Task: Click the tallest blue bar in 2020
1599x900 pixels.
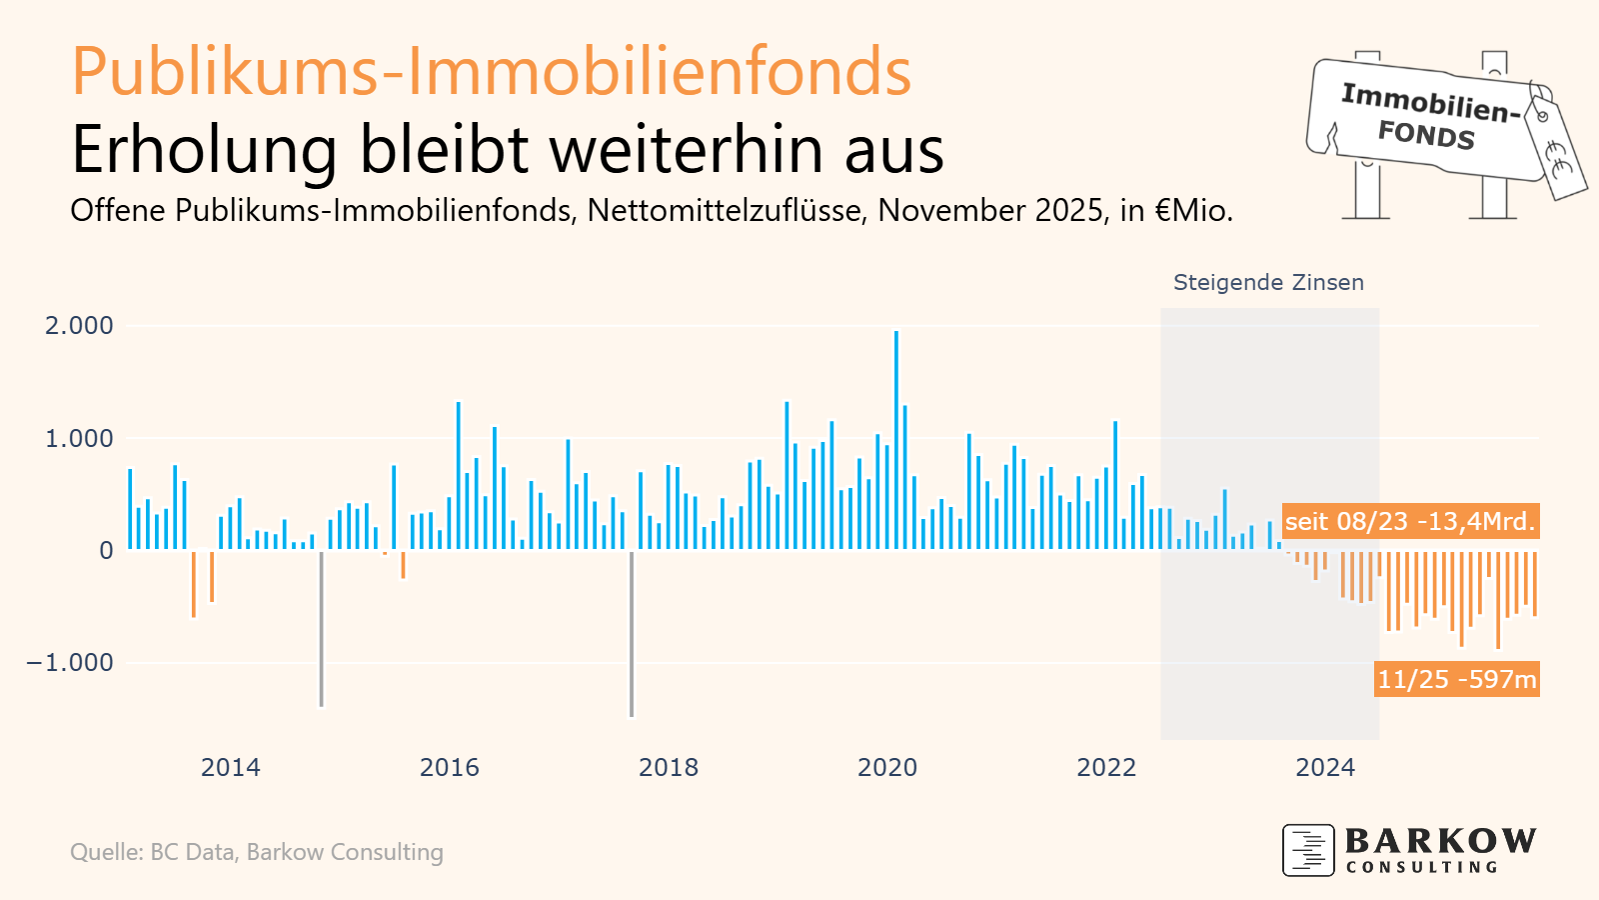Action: (x=896, y=440)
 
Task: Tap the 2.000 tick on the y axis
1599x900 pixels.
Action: (x=79, y=326)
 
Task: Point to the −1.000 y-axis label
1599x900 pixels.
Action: (x=70, y=663)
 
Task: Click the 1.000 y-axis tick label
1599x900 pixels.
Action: (x=79, y=439)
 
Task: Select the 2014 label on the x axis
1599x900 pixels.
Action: (x=230, y=768)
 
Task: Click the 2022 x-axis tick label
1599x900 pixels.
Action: (x=1106, y=768)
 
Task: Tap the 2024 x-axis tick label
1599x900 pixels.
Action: (x=1325, y=768)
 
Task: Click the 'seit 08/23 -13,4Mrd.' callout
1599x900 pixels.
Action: (x=1409, y=522)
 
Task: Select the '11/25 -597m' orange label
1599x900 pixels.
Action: (x=1456, y=680)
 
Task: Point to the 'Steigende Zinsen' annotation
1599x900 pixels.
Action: (x=1268, y=283)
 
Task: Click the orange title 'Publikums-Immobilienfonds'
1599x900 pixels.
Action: (x=491, y=72)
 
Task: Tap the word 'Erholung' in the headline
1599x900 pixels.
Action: (x=204, y=150)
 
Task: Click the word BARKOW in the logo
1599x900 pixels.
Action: (x=1440, y=841)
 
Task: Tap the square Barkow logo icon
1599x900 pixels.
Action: (x=1308, y=850)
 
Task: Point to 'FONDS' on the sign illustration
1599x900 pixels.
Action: (x=1426, y=134)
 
